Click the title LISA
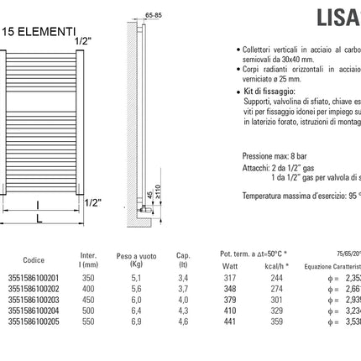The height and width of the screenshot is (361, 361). pos(337,17)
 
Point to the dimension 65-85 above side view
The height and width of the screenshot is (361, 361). pos(154,14)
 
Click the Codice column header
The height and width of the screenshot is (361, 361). pos(33,260)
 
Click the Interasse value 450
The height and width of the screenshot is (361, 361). pos(88,299)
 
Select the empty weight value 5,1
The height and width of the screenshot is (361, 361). pos(137,277)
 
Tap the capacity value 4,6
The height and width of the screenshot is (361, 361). pos(183,321)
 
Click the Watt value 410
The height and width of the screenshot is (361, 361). pos(230,310)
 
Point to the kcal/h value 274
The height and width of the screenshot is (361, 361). pos(277,288)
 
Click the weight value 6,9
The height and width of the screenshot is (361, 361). pos(137,321)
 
